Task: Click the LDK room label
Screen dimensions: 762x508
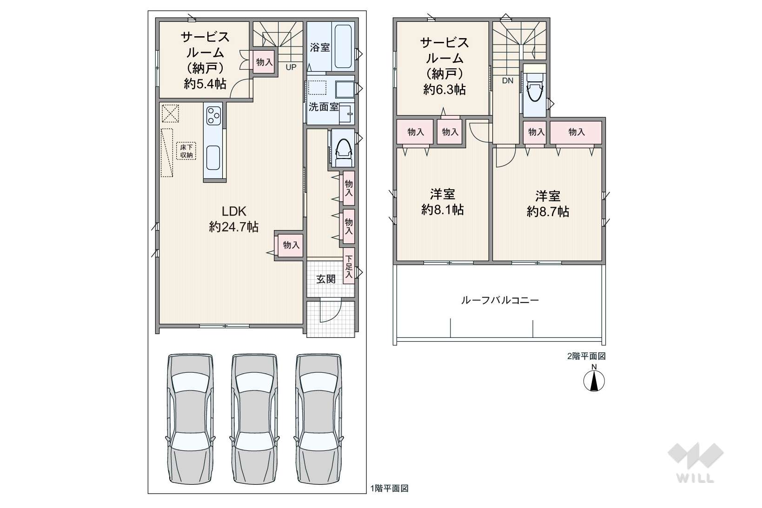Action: tap(234, 211)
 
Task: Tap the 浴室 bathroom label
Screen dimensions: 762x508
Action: tap(320, 47)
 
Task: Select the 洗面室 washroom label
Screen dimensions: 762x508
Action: tap(324, 107)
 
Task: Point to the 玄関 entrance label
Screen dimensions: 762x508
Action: tap(326, 279)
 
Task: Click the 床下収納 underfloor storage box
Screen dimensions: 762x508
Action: tap(186, 151)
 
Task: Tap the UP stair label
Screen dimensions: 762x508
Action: tap(291, 67)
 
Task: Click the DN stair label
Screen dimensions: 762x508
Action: tap(508, 80)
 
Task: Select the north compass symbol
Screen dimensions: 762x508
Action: tap(594, 378)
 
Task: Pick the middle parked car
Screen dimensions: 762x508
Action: tap(254, 419)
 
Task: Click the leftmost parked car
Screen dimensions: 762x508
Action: tap(191, 419)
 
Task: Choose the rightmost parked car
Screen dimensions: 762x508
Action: tap(318, 419)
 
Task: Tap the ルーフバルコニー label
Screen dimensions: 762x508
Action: tap(500, 300)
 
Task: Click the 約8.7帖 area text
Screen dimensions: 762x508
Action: tap(548, 211)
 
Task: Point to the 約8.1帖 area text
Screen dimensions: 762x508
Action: tap(442, 210)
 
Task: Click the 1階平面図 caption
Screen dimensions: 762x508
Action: tap(390, 488)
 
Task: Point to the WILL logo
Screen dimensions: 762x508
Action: tap(696, 463)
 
